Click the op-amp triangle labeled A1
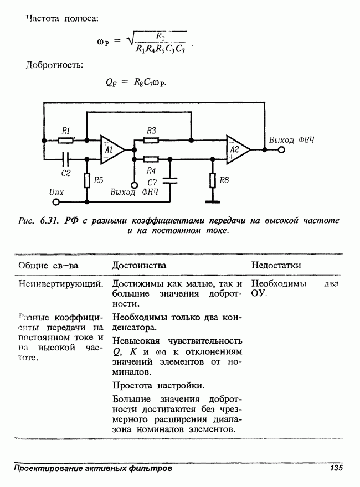tap(110, 149)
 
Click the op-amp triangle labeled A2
tap(237, 149)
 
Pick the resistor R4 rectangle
tap(151, 159)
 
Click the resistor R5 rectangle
tap(86, 180)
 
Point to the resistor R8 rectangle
tap(213, 180)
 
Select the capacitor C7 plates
tap(170, 180)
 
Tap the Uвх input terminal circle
tap(49, 201)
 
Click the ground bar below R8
tap(213, 201)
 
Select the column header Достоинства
tap(139, 266)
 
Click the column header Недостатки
tap(276, 266)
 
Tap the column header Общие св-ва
tap(48, 266)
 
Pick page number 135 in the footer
tap(336, 468)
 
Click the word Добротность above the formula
tap(55, 65)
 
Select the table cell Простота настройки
tap(158, 385)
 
